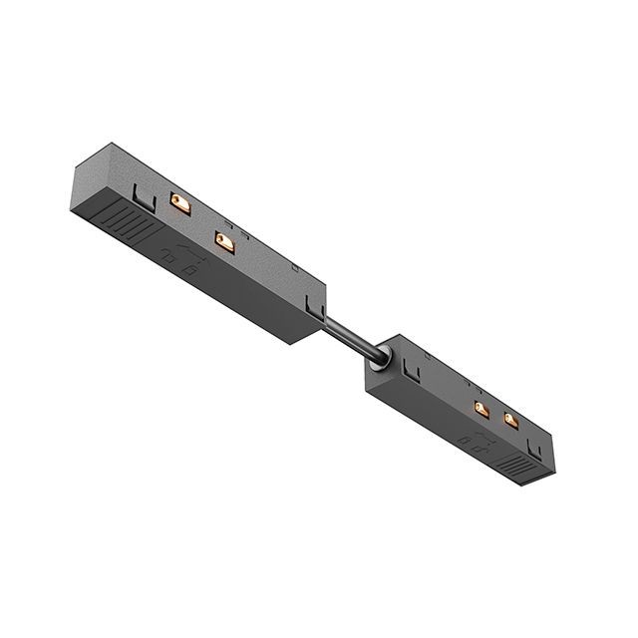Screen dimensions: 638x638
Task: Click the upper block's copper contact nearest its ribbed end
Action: [179, 202]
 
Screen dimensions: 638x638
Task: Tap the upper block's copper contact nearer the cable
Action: [224, 242]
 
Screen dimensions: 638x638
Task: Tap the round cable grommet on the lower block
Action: [380, 360]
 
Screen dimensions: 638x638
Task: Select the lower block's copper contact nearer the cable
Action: [480, 409]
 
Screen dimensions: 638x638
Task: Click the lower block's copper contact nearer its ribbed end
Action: [511, 420]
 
